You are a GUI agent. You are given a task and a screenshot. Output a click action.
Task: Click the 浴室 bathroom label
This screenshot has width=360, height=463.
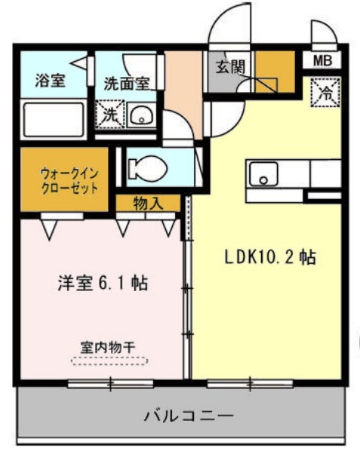pos(51,80)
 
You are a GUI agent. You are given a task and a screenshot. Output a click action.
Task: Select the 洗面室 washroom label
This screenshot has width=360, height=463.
pos(127,84)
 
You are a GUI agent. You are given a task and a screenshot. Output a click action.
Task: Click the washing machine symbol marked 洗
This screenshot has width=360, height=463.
pos(110,115)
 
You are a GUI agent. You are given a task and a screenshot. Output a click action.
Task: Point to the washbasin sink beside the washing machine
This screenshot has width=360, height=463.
pos(142,115)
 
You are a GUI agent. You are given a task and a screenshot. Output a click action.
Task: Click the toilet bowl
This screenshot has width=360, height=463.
pos(149,168)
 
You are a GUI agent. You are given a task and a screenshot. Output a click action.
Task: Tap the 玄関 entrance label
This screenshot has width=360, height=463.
pos(230,67)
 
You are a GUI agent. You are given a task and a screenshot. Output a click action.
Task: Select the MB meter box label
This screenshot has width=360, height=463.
pos(322,61)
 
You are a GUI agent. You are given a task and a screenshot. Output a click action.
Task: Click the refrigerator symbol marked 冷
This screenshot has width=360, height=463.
pos(326,92)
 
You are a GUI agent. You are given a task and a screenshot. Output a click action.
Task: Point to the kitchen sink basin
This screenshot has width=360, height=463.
pos(263,174)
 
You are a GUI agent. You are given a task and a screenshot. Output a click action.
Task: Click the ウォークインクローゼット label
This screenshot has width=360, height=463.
pos(69,181)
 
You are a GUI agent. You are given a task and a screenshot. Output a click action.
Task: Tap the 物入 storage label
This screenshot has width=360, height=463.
pos(148,203)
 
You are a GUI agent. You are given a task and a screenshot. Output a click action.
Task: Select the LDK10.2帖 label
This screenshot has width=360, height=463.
pos(270,257)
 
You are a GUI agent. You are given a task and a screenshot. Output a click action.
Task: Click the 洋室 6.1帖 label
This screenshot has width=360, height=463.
pos(103,284)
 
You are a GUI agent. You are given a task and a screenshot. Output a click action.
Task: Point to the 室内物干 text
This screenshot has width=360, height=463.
pos(108,348)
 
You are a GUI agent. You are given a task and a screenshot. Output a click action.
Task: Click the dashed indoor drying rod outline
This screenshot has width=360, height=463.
pos(109,361)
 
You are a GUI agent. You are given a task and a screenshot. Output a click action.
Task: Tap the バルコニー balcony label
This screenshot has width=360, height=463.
pos(189,415)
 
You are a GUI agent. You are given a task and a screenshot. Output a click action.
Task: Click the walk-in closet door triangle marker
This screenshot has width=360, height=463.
pos(49,230)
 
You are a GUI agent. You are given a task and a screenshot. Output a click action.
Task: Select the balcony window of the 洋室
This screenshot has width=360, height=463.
pos(110,384)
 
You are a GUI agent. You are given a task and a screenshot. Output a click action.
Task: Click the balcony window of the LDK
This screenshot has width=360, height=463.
pos(250,384)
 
